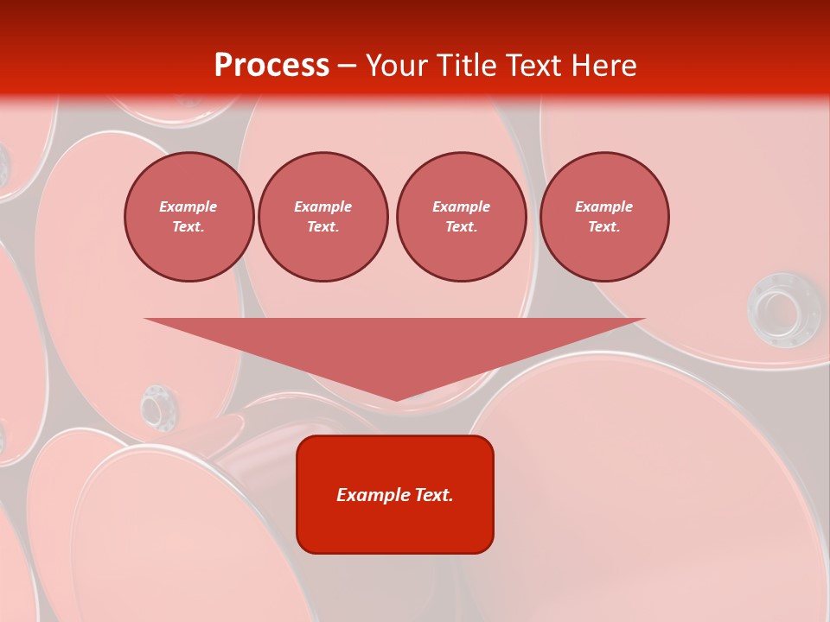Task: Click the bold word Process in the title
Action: pos(271,65)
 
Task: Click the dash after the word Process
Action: pos(347,67)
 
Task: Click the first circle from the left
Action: pos(189,217)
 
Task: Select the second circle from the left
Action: pos(323,217)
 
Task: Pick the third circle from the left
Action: pos(462,217)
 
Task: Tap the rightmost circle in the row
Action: pos(604,217)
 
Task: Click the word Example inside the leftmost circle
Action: pos(188,206)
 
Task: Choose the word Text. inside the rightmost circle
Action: pos(604,227)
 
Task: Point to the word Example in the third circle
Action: pos(462,206)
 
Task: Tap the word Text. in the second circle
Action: pos(323,227)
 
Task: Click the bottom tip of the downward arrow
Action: pos(396,399)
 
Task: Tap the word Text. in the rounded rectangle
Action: pos(434,495)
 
